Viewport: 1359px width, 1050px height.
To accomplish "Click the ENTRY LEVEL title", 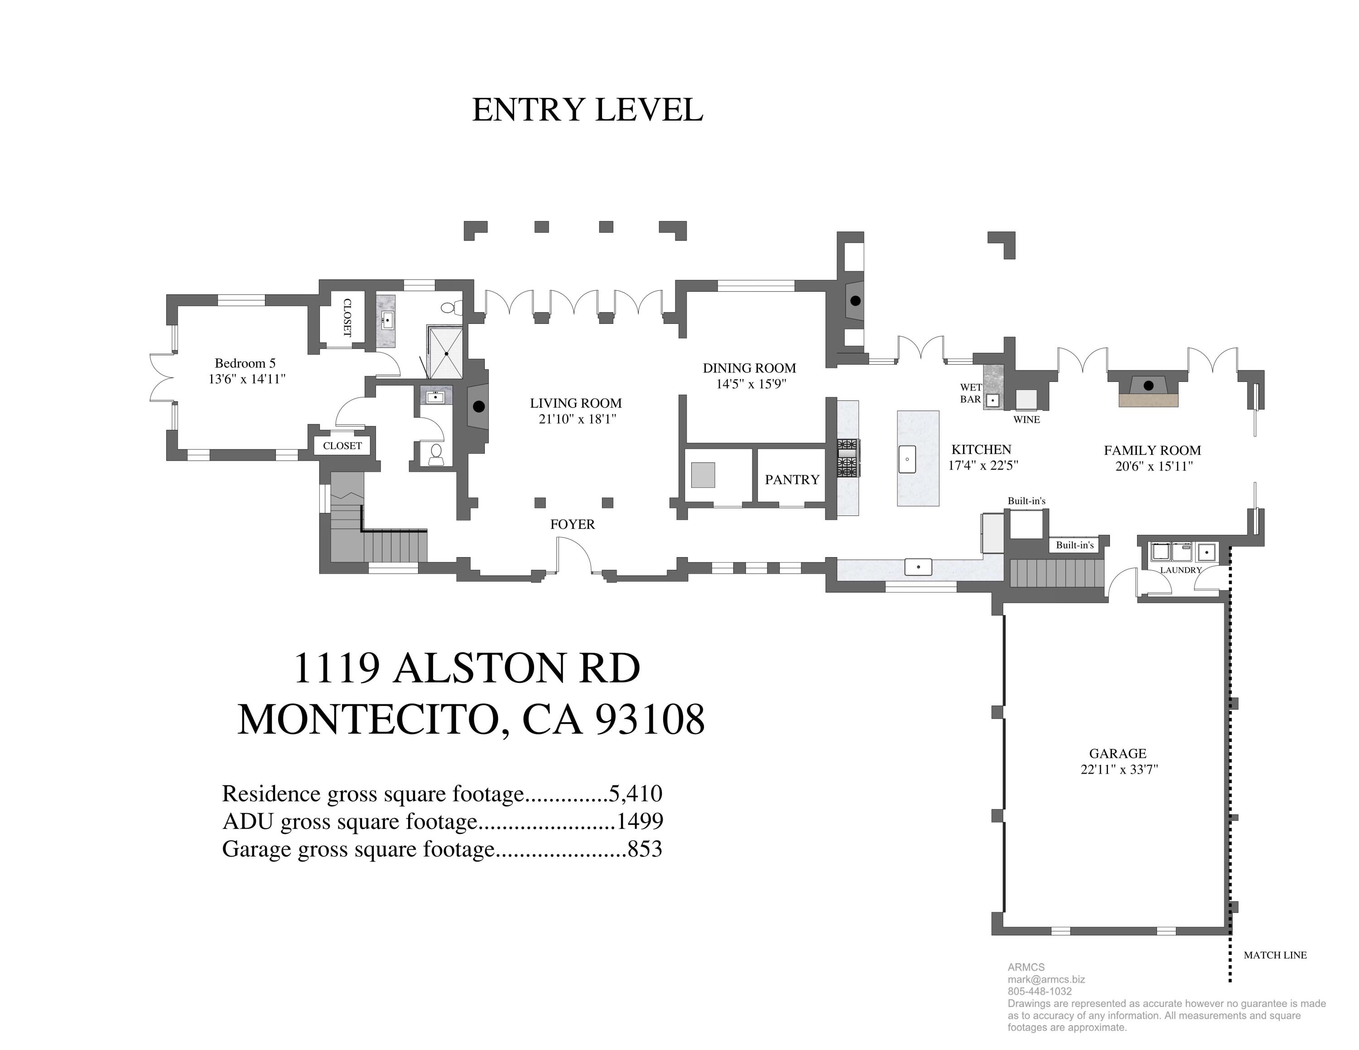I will pyautogui.click(x=588, y=110).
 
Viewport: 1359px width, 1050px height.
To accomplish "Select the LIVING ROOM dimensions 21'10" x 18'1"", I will pyautogui.click(x=577, y=419).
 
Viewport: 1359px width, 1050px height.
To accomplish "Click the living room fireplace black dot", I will pyautogui.click(x=478, y=407).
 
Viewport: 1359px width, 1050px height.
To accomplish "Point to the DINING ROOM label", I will pyautogui.click(x=749, y=368).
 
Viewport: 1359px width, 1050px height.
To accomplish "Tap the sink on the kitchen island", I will pyautogui.click(x=907, y=460).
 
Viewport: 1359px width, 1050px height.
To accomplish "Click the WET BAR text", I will pyautogui.click(x=971, y=393).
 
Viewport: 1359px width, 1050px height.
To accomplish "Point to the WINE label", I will pyautogui.click(x=1026, y=420).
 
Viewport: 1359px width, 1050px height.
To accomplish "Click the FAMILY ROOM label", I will pyautogui.click(x=1152, y=450).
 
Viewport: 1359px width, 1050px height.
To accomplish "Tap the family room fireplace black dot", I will pyautogui.click(x=1149, y=385).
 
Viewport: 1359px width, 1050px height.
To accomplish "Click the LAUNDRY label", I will pyautogui.click(x=1181, y=570).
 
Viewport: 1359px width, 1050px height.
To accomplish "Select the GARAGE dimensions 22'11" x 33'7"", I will pyautogui.click(x=1119, y=770).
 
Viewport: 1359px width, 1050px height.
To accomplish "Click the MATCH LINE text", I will pyautogui.click(x=1275, y=955).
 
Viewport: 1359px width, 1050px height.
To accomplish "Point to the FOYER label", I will pyautogui.click(x=573, y=525).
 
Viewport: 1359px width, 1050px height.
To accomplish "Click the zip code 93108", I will pyautogui.click(x=650, y=720).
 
